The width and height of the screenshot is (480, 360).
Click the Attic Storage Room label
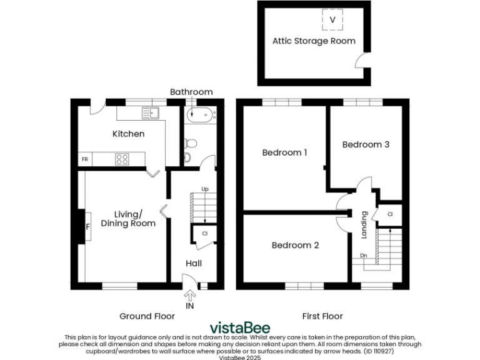314,41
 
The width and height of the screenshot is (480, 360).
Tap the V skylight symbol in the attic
332,20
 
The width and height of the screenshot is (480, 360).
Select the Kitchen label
128,134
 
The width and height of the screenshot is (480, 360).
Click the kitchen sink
151,112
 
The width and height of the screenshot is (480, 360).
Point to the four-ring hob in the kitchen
122,159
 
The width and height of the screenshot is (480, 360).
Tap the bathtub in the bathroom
200,114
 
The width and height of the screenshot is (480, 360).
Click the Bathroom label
191,92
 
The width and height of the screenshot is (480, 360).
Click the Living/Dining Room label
128,219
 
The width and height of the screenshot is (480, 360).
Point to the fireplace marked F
87,227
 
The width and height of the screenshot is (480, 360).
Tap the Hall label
192,263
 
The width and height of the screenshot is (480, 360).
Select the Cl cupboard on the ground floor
204,233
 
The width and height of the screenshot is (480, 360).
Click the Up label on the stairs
204,189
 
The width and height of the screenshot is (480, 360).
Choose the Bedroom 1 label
284,152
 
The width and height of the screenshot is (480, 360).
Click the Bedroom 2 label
295,246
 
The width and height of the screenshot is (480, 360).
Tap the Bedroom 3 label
366,144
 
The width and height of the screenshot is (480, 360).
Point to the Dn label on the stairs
363,255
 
